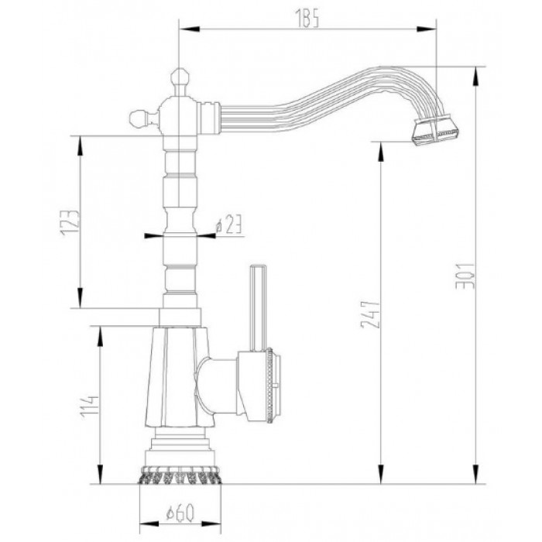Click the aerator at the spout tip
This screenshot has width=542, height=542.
click(435, 132)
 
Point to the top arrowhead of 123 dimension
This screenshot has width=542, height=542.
click(79, 140)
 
